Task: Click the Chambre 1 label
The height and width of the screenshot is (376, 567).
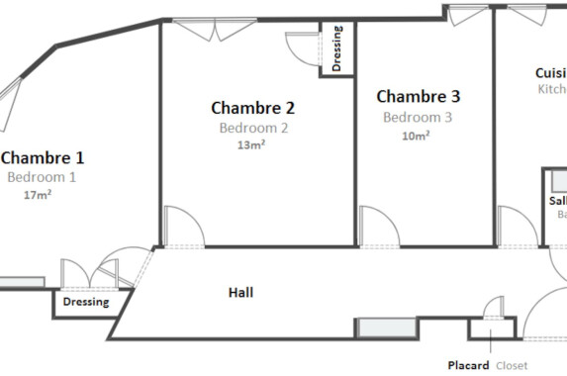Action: click(42, 157)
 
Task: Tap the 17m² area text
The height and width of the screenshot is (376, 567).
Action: click(38, 195)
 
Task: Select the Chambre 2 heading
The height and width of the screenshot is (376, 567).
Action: click(253, 108)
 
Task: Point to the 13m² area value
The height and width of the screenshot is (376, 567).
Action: click(251, 144)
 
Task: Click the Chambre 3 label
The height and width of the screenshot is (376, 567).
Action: click(419, 97)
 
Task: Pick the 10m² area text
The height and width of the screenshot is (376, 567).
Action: click(416, 136)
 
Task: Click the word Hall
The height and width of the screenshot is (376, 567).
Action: click(240, 293)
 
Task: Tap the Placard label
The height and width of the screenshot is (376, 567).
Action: click(468, 365)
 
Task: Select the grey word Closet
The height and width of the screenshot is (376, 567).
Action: click(512, 365)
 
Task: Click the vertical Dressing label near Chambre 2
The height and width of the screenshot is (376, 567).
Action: click(337, 49)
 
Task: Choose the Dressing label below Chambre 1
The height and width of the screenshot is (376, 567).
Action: click(86, 303)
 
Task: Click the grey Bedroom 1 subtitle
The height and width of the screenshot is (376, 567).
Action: click(42, 177)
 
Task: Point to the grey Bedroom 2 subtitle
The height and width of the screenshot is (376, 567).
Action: click(253, 128)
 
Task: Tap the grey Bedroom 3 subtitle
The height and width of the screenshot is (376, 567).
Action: click(418, 117)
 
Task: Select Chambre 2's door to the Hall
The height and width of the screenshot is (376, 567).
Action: click(183, 228)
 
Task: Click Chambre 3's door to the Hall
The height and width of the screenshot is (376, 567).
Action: click(378, 228)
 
